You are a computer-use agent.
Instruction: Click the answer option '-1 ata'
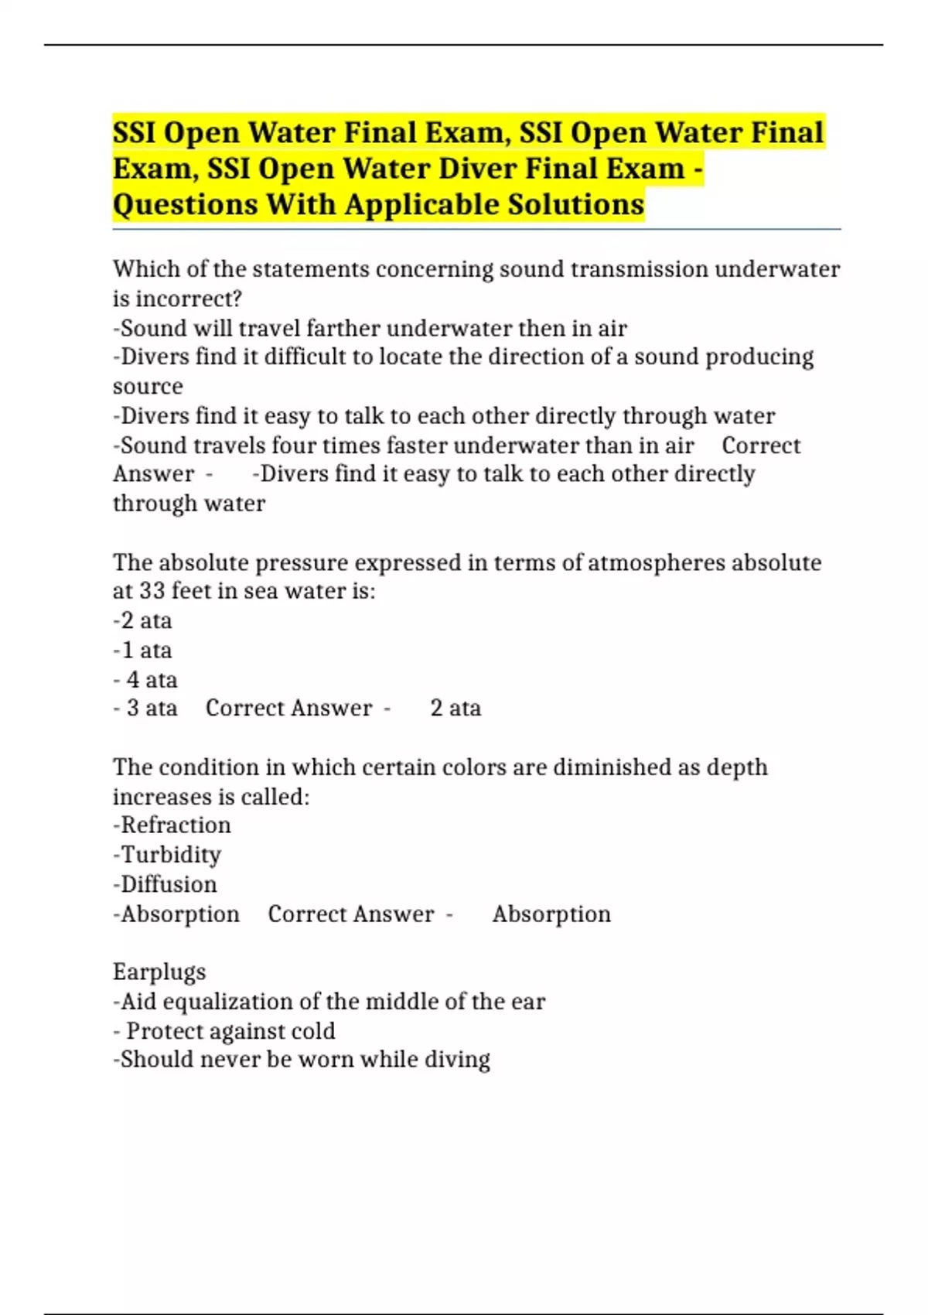tap(142, 650)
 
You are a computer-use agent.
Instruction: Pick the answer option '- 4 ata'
tap(145, 679)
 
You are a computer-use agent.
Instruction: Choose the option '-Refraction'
tap(172, 825)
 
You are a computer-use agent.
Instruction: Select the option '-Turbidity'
tap(167, 855)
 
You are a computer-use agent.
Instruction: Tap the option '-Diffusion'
tap(165, 884)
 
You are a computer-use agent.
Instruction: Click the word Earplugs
tap(159, 972)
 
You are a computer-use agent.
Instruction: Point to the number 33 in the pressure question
tap(152, 591)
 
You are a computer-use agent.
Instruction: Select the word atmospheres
tap(656, 562)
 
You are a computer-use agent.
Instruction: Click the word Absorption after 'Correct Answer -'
tap(551, 914)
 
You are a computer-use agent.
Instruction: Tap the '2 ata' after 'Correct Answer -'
tap(455, 708)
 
